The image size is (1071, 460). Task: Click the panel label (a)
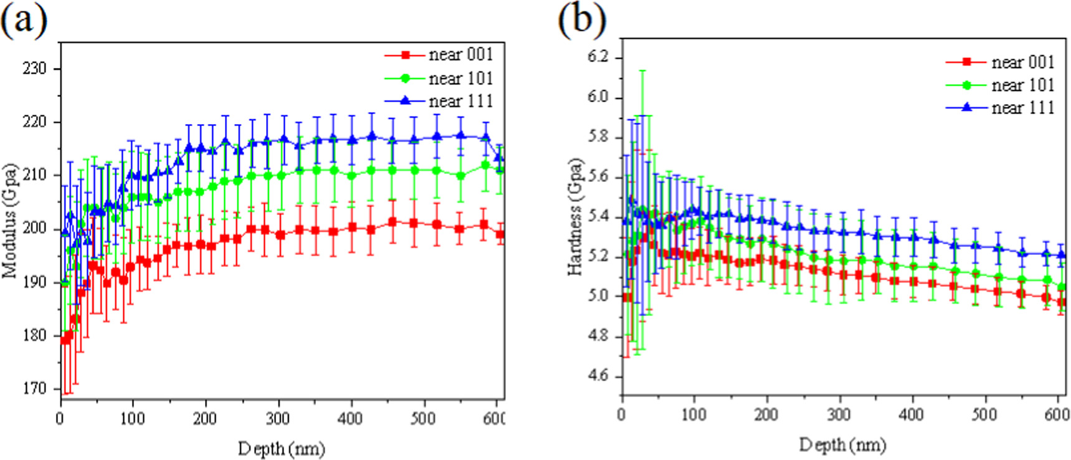pyautogui.click(x=24, y=20)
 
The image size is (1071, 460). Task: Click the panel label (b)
pyautogui.click(x=581, y=20)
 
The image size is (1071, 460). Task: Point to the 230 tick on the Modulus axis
pyautogui.click(x=35, y=69)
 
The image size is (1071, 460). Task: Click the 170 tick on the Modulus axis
pyautogui.click(x=35, y=388)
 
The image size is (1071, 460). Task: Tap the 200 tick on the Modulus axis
pyautogui.click(x=35, y=228)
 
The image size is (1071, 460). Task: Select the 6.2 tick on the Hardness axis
pyautogui.click(x=597, y=57)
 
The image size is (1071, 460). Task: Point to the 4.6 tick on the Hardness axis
pyautogui.click(x=597, y=376)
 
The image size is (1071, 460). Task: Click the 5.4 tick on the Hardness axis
pyautogui.click(x=597, y=217)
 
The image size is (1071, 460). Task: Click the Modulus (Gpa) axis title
pyautogui.click(x=10, y=221)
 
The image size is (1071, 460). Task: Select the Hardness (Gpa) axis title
pyautogui.click(x=575, y=216)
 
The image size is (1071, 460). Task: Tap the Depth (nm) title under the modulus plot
pyautogui.click(x=282, y=448)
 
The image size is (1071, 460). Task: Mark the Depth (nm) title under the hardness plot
pyautogui.click(x=842, y=444)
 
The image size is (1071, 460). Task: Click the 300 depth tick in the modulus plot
pyautogui.click(x=278, y=418)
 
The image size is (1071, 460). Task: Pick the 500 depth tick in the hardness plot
pyautogui.click(x=984, y=414)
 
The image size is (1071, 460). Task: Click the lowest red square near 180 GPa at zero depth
pyautogui.click(x=64, y=340)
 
